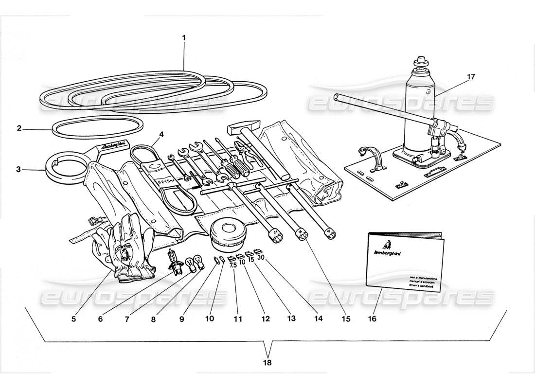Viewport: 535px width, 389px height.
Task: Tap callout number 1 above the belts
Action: click(184, 37)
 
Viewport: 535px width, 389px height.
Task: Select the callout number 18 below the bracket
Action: click(267, 362)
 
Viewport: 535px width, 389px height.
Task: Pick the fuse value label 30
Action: click(260, 258)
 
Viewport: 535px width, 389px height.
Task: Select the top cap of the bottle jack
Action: click(420, 62)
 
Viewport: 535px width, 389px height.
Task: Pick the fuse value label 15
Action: click(251, 260)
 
